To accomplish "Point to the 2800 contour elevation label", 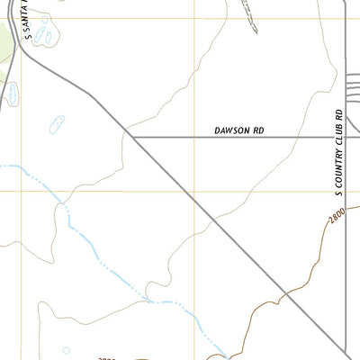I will coord(337,217).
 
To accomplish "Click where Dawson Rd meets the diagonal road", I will coord(132,137).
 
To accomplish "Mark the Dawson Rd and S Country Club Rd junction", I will coord(346,137).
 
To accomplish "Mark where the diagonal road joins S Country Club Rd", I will coord(346,353).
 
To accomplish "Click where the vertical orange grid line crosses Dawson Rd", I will coord(195,137).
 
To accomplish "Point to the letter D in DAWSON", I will coord(217,130).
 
